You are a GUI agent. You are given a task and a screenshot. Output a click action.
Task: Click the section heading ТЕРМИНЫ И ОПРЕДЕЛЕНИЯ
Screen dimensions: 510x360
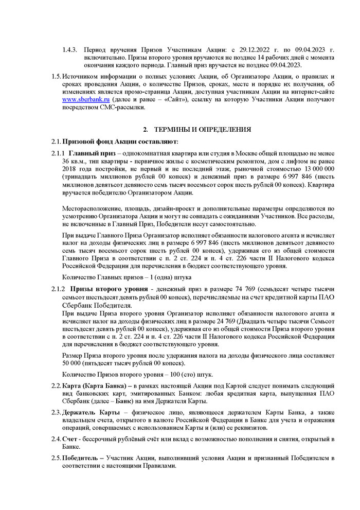coord(203,129)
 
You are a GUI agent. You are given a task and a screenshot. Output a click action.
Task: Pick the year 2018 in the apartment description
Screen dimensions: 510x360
coord(71,169)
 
